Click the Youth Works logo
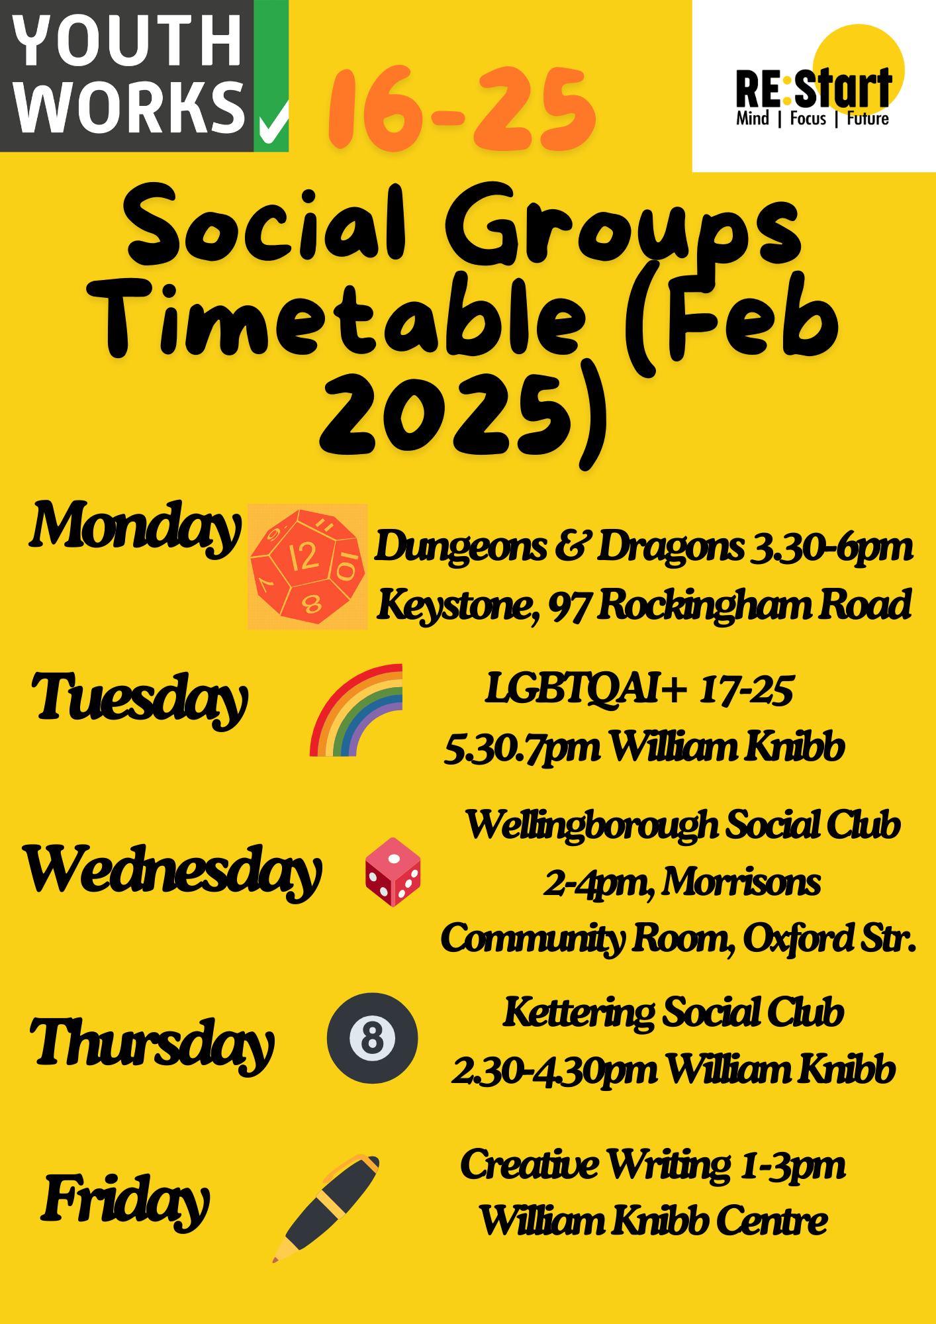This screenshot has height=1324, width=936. tap(144, 75)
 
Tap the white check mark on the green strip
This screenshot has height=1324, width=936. tap(273, 122)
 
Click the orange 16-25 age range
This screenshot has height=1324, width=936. tap(462, 109)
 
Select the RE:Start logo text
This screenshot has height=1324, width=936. tap(814, 96)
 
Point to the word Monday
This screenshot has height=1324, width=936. tap(135, 528)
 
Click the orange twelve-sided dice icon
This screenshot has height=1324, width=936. tap(307, 566)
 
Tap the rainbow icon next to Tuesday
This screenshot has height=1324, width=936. tap(356, 710)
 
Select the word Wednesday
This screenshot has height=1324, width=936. tap(173, 871)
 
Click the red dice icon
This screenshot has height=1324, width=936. tap(393, 872)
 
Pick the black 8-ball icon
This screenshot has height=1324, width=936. tap(372, 1038)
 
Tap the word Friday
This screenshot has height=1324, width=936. tap(126, 1200)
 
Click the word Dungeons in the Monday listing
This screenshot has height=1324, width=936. tap(461, 548)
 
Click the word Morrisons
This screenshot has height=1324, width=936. tap(741, 882)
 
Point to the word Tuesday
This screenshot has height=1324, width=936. tap(140, 698)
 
